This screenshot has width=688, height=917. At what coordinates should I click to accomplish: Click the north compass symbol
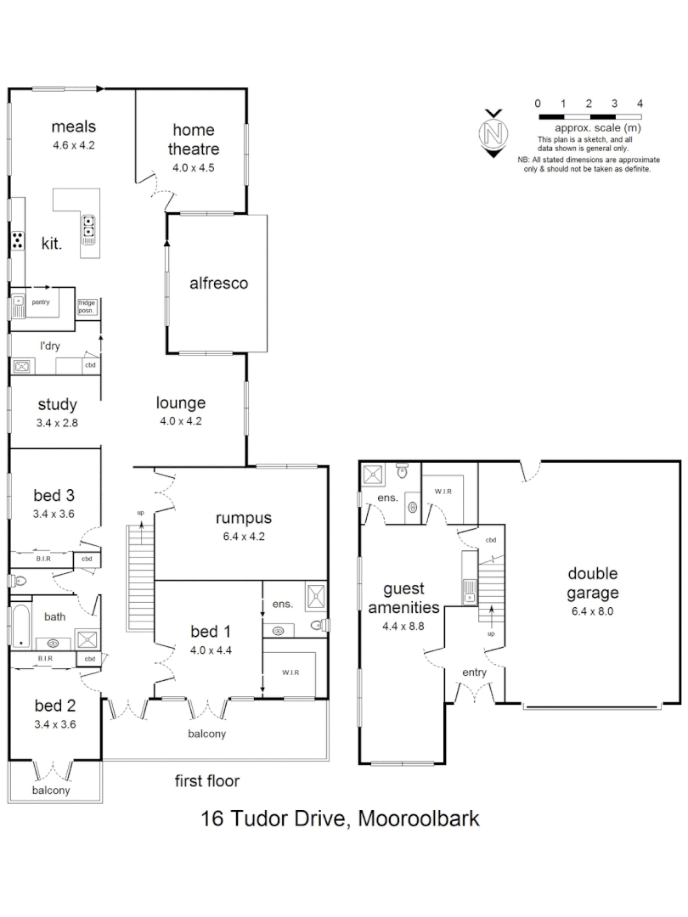(492, 133)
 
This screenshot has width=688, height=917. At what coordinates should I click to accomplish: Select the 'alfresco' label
(218, 283)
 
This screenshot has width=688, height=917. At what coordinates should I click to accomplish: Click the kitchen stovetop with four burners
(17, 240)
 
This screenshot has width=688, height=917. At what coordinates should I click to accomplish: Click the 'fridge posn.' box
(87, 306)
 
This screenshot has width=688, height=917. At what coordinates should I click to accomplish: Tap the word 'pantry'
(40, 301)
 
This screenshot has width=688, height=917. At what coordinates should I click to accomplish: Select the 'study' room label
(58, 404)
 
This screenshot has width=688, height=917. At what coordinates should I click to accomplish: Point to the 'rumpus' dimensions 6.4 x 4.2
(243, 537)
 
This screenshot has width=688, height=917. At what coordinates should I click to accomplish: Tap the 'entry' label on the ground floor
(475, 672)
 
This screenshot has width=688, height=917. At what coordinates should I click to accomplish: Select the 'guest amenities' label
(403, 598)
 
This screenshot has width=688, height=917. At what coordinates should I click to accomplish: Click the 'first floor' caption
(207, 781)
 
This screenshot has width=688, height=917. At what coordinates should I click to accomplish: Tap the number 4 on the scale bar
(640, 103)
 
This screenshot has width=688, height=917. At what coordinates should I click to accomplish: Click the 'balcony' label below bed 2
(51, 790)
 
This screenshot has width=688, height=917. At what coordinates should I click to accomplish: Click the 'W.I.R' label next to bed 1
(290, 672)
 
